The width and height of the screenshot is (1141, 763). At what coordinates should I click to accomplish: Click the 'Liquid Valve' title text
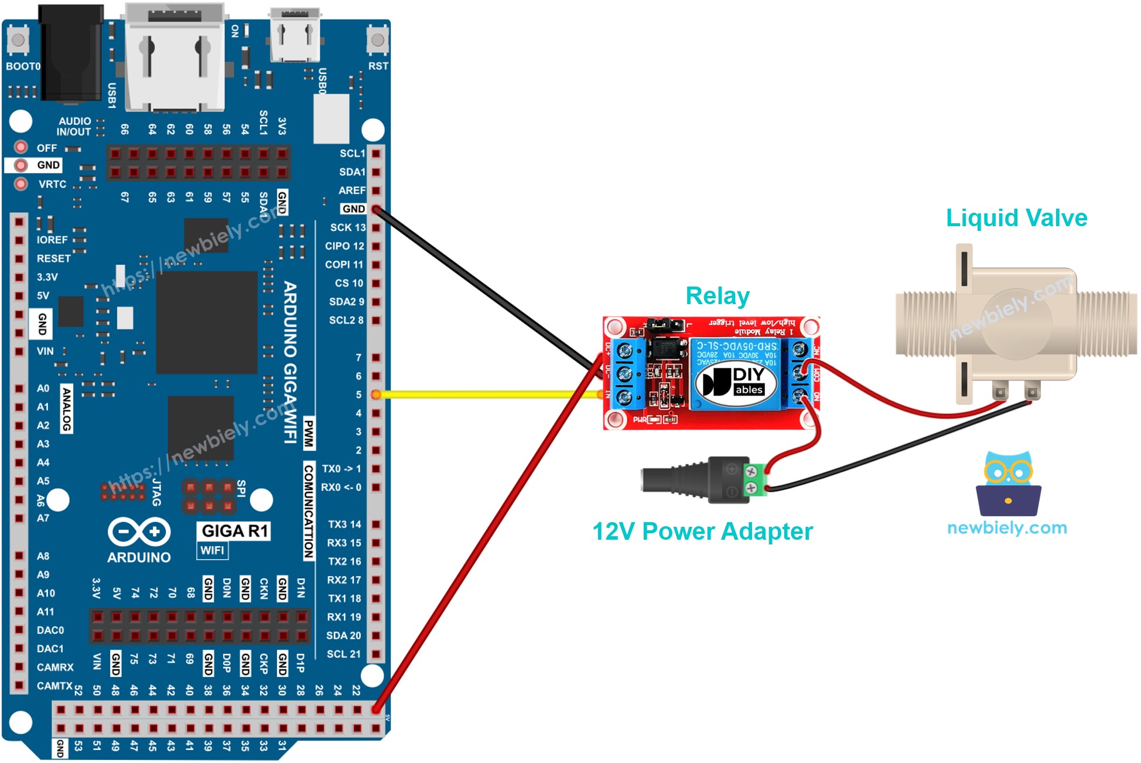1016,218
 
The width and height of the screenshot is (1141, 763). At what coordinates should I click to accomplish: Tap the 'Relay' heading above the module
717,296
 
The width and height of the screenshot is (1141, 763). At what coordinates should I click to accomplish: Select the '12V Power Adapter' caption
702,532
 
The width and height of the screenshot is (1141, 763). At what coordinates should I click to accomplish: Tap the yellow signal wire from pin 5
486,395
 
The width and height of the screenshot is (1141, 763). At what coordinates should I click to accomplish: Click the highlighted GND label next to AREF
353,209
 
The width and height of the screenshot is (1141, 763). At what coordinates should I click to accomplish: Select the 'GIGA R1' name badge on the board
234,531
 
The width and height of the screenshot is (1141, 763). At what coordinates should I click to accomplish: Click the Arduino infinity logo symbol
139,532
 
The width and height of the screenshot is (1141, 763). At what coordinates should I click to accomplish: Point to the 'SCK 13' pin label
347,227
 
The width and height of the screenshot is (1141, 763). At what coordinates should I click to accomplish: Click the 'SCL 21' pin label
343,654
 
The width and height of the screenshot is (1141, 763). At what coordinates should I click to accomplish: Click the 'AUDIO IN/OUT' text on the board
74,127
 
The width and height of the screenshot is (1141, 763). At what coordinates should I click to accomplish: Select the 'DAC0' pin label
50,631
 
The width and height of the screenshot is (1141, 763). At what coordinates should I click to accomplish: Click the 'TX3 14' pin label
344,524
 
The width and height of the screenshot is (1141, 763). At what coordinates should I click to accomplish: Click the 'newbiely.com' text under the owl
1007,528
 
